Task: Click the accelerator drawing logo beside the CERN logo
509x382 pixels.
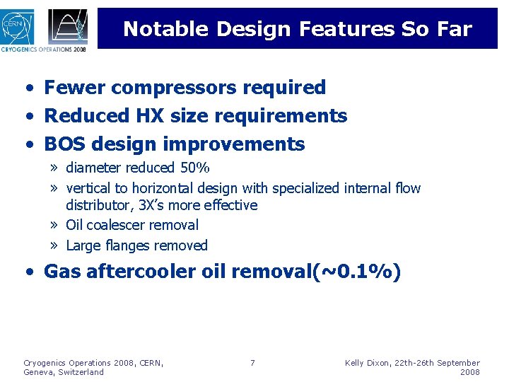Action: (x=68, y=26)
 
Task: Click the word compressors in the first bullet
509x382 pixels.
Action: (x=167, y=88)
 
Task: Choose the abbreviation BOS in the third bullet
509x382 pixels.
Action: (x=64, y=144)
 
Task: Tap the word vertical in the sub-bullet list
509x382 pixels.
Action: (x=88, y=188)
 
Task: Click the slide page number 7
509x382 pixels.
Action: (x=252, y=364)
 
